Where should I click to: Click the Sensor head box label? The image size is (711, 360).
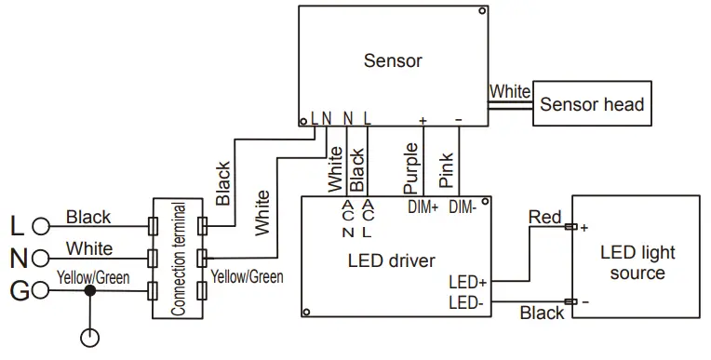(x=592, y=104)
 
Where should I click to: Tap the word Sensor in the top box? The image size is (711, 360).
(x=392, y=61)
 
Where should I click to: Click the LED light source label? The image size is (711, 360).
(x=637, y=262)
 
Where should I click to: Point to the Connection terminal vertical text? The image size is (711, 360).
(x=179, y=260)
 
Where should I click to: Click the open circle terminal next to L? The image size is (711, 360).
(x=40, y=226)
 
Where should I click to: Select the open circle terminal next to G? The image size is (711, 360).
(x=40, y=290)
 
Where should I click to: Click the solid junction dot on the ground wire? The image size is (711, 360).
(x=89, y=290)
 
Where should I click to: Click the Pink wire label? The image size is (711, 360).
(x=447, y=170)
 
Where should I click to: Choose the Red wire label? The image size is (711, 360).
(x=544, y=218)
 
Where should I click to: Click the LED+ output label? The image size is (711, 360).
(x=467, y=282)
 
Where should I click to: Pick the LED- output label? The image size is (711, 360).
(x=467, y=301)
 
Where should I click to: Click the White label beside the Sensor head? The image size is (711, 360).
(x=509, y=92)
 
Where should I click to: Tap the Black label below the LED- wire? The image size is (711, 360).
(x=542, y=313)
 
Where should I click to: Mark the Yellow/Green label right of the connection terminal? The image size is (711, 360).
(x=247, y=276)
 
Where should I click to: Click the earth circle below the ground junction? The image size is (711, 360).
(x=89, y=339)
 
